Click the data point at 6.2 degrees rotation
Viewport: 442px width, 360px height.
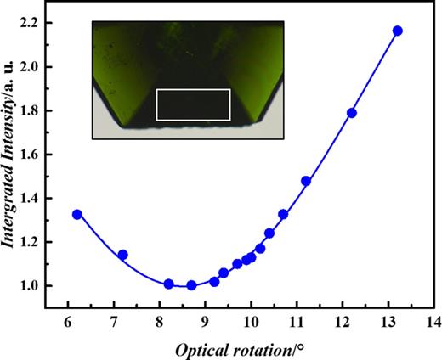pos(77,214)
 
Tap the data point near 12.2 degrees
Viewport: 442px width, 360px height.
pos(352,113)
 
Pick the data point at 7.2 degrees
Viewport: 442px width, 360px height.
pos(122,255)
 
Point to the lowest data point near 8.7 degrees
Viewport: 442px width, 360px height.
pos(191,285)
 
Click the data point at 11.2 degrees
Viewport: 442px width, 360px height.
pos(306,181)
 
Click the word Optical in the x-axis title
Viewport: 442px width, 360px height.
pos(201,348)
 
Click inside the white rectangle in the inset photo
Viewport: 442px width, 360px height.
pos(194,104)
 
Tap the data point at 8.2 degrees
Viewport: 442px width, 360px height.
pos(168,284)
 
